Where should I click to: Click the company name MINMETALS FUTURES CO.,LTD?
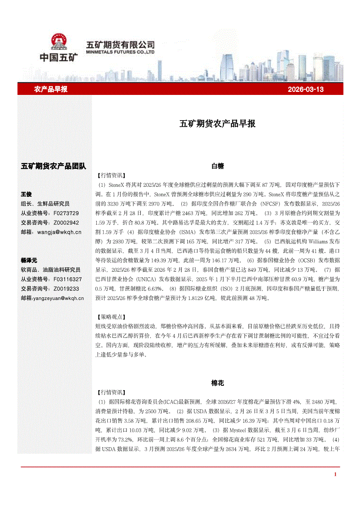coord(121,51)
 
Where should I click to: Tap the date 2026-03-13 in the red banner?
coord(306,90)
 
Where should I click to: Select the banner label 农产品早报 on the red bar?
coord(51,90)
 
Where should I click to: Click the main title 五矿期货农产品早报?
coord(217,124)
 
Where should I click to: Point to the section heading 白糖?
coord(217,166)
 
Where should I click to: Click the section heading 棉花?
coord(217,383)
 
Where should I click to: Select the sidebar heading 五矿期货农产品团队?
coord(53,166)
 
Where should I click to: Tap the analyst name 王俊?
coord(27,194)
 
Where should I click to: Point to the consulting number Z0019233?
coord(66,289)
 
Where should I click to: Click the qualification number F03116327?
coord(68,279)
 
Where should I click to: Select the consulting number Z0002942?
coord(66,222)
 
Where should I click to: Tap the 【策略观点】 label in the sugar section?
coord(109,317)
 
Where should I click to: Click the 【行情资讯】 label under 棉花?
coord(109,393)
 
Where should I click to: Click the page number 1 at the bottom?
coord(335,474)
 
